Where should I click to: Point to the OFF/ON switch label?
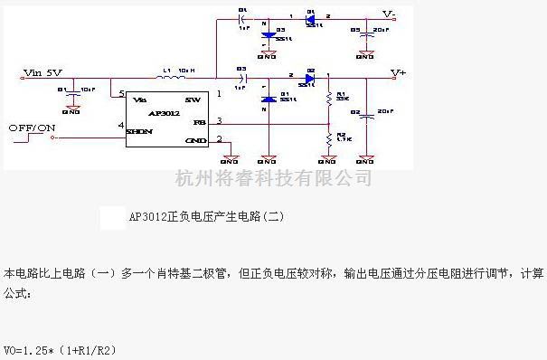(x=30, y=128)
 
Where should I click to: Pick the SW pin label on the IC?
(x=192, y=98)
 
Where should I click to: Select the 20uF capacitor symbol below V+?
(x=365, y=115)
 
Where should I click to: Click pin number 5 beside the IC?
(x=121, y=94)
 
